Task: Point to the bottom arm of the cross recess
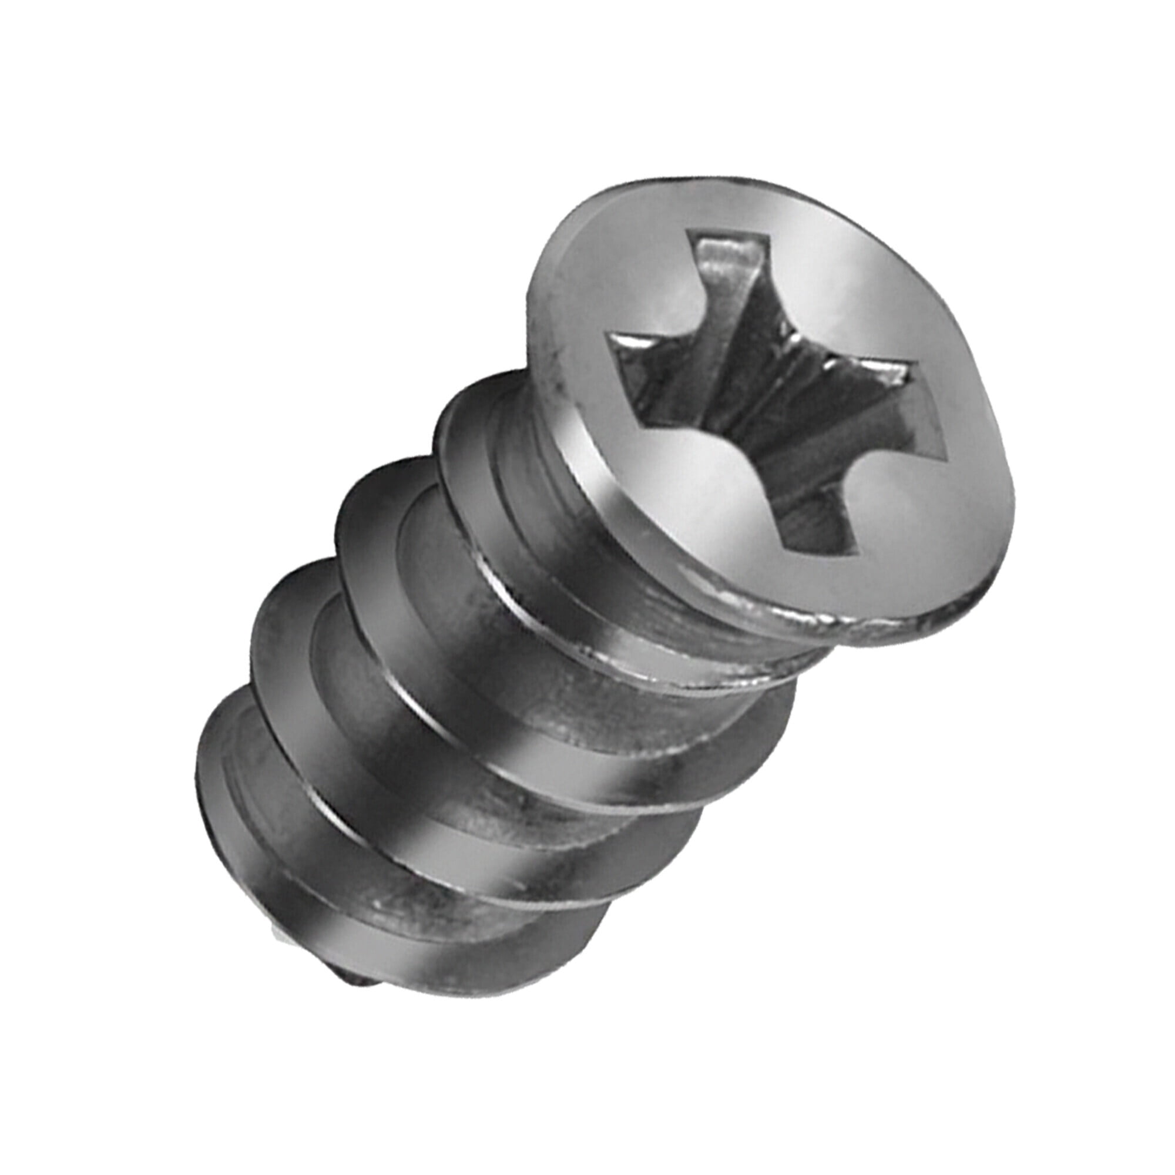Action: click(815, 523)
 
